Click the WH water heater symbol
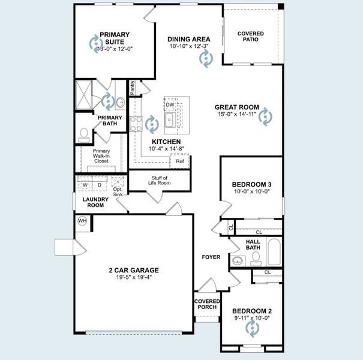82,221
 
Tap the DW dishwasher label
170,104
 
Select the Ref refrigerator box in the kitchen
180,161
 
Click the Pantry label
132,88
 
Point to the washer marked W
85,185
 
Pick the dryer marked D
99,185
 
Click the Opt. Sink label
118,194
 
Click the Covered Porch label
207,304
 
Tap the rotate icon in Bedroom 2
252,328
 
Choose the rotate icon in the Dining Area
205,58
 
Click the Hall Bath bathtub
275,253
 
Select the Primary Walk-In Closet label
101,156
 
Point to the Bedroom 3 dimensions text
252,192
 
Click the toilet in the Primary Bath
83,133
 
